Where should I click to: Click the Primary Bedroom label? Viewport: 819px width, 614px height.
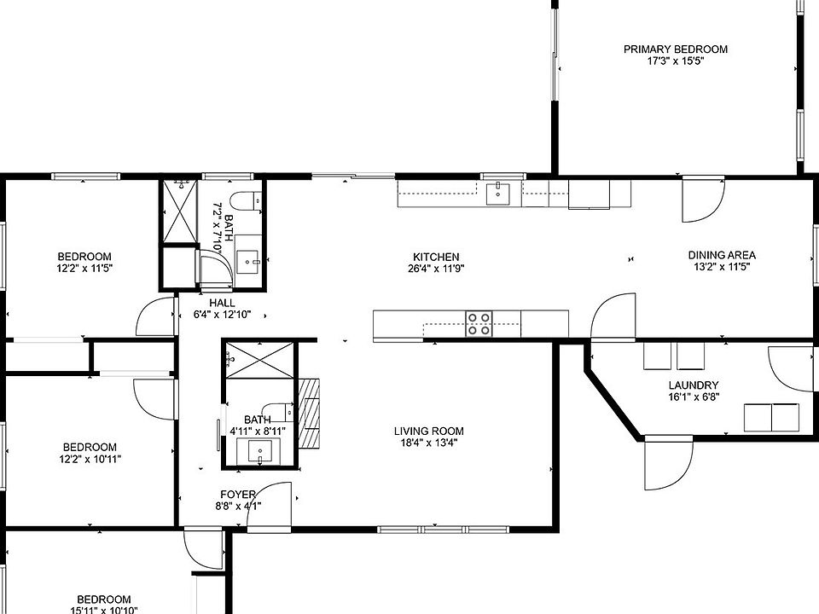tap(676, 49)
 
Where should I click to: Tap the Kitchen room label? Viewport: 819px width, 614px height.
tap(436, 257)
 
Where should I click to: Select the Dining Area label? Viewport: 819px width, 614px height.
tap(722, 255)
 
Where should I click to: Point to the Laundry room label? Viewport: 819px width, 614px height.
tap(693, 385)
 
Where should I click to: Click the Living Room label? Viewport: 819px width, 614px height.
tap(429, 432)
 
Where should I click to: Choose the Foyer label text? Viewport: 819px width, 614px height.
tap(238, 495)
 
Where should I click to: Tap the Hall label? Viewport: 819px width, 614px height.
tap(222, 303)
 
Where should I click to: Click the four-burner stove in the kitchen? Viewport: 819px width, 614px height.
tap(479, 324)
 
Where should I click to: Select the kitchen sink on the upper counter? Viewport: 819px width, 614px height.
tap(499, 194)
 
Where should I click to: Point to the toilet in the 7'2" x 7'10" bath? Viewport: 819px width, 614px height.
tap(246, 201)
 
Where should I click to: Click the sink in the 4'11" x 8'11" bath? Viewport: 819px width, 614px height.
tap(258, 451)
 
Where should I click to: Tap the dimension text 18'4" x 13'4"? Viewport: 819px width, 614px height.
tap(428, 443)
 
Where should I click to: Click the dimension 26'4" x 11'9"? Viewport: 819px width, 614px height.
tap(436, 269)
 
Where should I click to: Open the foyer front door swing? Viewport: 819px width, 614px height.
tap(268, 505)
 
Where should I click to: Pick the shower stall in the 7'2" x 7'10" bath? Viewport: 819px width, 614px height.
tap(179, 211)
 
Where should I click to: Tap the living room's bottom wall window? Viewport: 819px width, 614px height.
tap(443, 530)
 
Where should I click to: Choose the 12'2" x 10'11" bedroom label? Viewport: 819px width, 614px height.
tap(90, 448)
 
